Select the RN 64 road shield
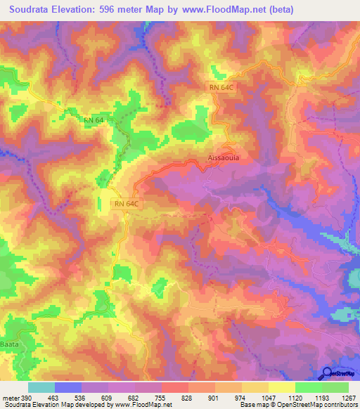[94, 120]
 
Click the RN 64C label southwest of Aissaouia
[128, 204]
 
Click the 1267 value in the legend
[345, 398]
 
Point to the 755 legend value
[160, 398]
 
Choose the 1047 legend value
[266, 398]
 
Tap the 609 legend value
[108, 398]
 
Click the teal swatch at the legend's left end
[41, 387]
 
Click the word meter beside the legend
[11, 398]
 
